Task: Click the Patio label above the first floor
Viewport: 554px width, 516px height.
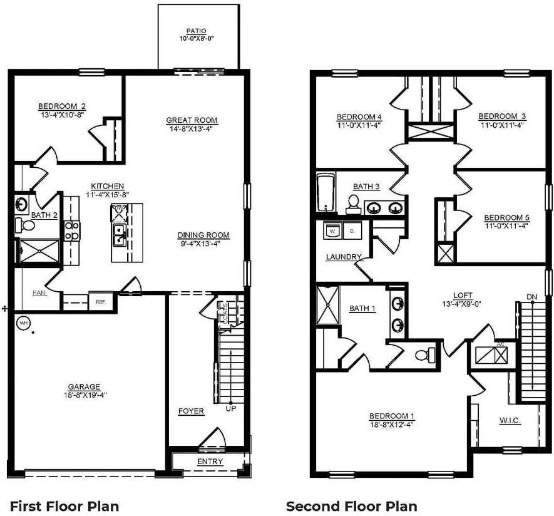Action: (197, 30)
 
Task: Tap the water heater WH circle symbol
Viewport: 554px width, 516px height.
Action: (24, 323)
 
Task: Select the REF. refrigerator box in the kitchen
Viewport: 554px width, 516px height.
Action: (100, 301)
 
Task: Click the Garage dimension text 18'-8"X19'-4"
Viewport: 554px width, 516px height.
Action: (85, 395)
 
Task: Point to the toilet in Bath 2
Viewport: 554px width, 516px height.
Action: (26, 224)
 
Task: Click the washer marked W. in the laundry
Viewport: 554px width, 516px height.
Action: (331, 231)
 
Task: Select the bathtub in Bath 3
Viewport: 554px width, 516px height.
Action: (326, 194)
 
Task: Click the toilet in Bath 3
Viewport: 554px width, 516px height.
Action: (353, 204)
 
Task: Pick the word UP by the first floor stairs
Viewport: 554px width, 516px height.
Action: (230, 408)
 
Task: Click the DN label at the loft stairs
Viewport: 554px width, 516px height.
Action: (531, 296)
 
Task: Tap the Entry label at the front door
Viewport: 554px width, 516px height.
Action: (210, 462)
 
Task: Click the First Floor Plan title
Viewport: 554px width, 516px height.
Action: (64, 505)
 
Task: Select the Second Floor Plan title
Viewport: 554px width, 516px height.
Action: (351, 505)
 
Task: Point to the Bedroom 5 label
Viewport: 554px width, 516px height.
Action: (506, 218)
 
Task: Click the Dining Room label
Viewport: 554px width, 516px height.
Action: (203, 235)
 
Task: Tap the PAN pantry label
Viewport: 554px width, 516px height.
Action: (39, 292)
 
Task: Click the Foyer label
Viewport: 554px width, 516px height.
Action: (191, 411)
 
